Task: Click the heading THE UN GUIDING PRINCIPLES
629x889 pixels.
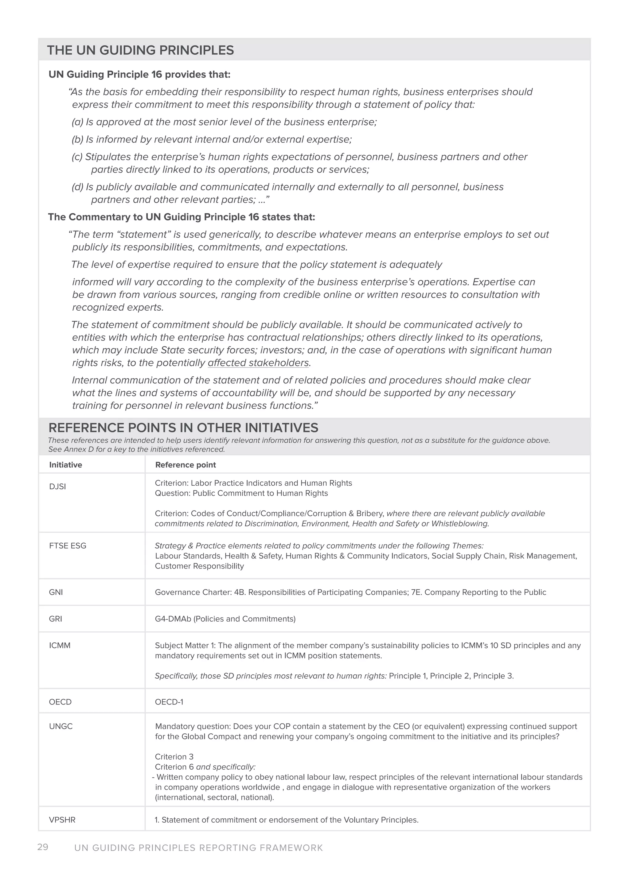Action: tap(140, 50)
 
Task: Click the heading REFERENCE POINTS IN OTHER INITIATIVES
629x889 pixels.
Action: tap(183, 428)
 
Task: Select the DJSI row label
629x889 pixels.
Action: tap(57, 487)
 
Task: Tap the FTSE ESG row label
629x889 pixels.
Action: tap(68, 545)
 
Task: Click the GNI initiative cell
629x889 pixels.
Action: tap(56, 592)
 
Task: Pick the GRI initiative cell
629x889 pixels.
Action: tap(55, 619)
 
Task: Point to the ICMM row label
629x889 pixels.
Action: tap(60, 646)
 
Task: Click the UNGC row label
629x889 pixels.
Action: tap(61, 726)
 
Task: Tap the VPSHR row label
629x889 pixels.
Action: tap(62, 820)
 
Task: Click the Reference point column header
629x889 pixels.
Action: tap(186, 465)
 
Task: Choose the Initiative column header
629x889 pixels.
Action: tap(65, 465)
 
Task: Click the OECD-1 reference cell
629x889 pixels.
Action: tap(169, 702)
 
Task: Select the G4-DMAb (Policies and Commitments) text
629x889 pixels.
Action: tap(225, 619)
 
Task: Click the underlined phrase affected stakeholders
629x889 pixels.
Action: tap(258, 363)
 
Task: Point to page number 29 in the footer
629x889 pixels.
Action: tap(43, 847)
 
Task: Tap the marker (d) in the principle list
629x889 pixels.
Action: tap(77, 187)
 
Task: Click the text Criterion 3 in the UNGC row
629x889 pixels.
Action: tap(174, 757)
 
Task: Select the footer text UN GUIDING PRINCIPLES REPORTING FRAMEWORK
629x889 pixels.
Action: tap(198, 848)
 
